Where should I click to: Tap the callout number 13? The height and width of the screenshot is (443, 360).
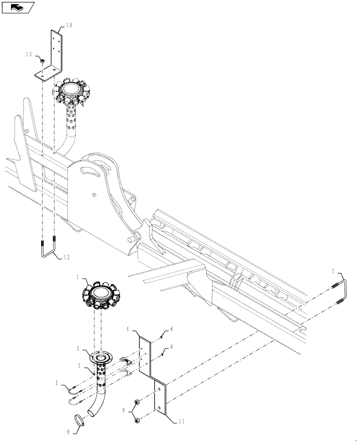[x=29, y=54]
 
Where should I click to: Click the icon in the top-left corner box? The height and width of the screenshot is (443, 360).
[x=18, y=7]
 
